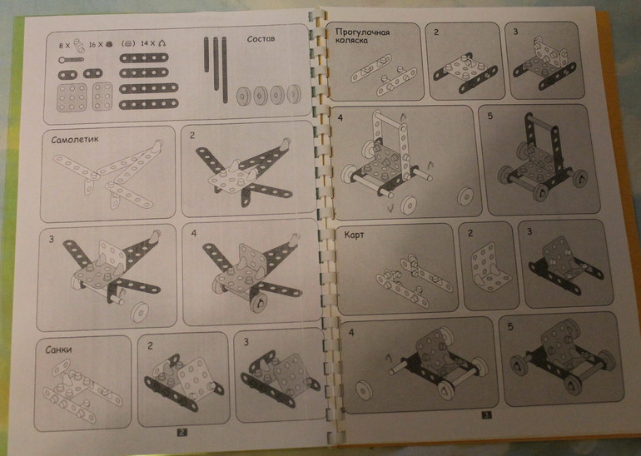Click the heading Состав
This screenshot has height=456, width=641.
[261, 39]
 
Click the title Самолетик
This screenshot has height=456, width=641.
[75, 140]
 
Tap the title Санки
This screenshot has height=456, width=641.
[59, 349]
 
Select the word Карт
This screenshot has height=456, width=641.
[354, 235]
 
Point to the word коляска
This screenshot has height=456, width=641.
[351, 41]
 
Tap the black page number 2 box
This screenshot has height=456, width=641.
[182, 432]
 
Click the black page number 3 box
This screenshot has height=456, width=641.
[486, 415]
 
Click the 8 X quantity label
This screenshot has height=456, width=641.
[64, 46]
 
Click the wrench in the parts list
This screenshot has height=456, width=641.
[71, 60]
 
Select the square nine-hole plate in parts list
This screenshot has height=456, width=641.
[72, 97]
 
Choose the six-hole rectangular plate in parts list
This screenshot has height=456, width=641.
[102, 97]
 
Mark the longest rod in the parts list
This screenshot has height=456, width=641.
[225, 70]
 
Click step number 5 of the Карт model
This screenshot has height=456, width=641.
[509, 327]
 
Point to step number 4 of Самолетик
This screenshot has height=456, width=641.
[193, 233]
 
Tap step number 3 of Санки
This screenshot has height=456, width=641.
[246, 342]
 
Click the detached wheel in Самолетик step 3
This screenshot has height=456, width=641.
[140, 313]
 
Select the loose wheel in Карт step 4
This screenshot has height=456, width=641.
[364, 390]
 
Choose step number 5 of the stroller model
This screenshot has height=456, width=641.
[490, 116]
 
